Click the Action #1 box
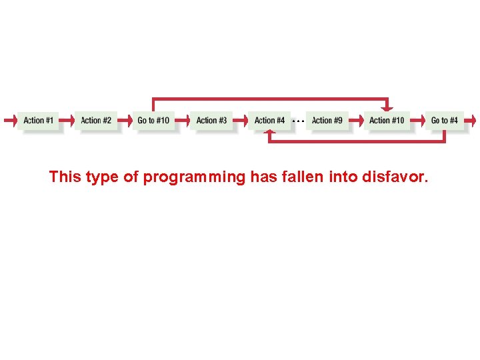(38, 121)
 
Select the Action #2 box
(96, 121)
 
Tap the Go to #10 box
(153, 121)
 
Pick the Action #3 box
(211, 121)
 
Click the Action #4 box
(269, 121)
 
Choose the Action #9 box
(327, 121)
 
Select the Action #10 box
(387, 121)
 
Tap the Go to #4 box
(444, 121)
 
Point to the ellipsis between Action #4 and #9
(298, 121)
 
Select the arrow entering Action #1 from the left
(9, 121)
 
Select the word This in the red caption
(65, 177)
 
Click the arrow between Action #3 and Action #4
(240, 121)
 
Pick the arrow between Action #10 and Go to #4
(415, 121)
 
